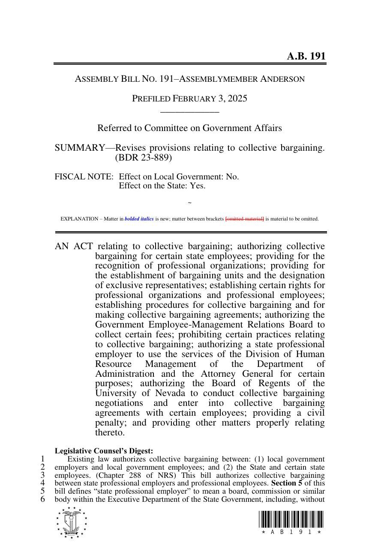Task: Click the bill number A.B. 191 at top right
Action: click(x=306, y=57)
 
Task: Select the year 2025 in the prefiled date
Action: click(x=237, y=98)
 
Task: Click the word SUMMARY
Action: click(x=79, y=148)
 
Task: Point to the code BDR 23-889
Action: click(x=144, y=158)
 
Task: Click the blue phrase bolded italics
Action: click(x=139, y=219)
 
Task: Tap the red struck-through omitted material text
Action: click(x=245, y=219)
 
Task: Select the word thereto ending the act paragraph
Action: click(x=110, y=433)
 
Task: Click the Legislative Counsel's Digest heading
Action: click(x=104, y=451)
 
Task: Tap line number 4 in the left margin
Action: click(x=43, y=483)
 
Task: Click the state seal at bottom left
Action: click(x=72, y=522)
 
